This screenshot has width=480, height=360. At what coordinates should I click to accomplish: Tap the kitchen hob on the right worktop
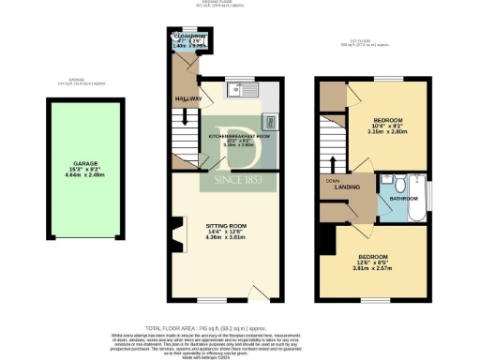(269, 120)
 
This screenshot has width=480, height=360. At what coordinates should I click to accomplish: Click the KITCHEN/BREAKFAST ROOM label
(238, 136)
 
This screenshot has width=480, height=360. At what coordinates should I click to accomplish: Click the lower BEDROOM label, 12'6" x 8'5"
(374, 255)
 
